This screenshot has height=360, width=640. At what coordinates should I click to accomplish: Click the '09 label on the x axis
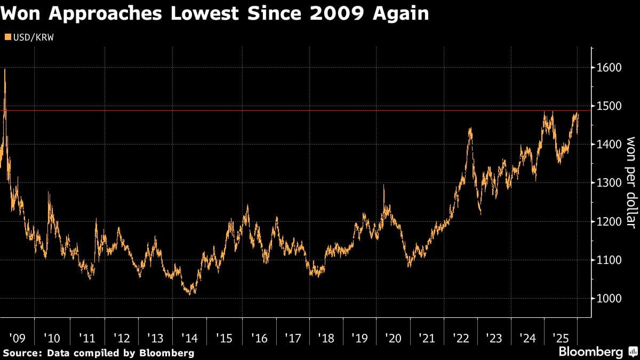tap(18, 338)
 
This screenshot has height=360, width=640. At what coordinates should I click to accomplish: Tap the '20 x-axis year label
tap(393, 338)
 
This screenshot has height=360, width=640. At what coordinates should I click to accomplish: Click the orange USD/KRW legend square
tap(6, 37)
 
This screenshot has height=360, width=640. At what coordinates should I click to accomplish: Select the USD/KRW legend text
tap(31, 37)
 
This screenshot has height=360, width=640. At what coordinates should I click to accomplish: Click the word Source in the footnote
tap(21, 353)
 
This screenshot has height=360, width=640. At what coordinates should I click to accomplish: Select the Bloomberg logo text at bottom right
tap(590, 352)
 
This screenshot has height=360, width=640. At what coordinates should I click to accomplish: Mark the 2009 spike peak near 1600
tap(5, 70)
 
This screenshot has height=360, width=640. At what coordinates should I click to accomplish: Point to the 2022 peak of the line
tap(470, 128)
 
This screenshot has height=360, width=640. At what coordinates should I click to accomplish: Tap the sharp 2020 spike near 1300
tap(383, 186)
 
